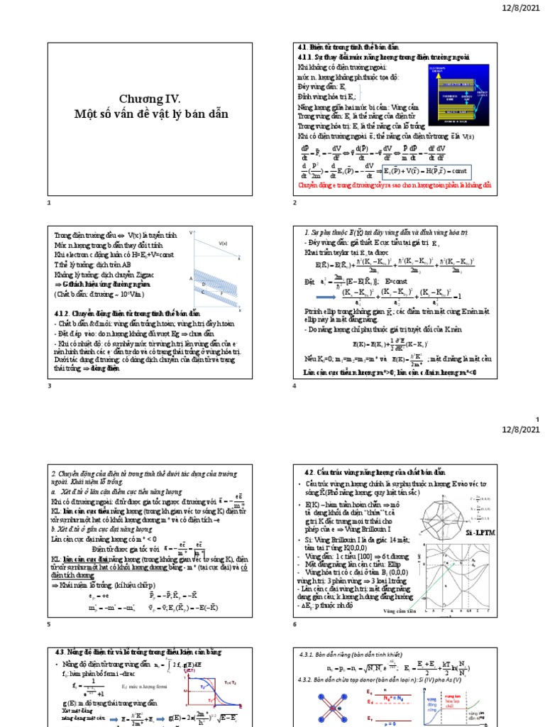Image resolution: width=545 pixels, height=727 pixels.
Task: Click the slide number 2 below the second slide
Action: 294,203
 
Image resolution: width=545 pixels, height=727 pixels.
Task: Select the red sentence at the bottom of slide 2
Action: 394,185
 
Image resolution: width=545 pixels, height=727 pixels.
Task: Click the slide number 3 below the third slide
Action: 49,385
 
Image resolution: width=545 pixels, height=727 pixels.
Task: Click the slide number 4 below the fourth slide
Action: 294,385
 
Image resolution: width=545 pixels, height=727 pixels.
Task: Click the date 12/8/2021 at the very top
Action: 521,8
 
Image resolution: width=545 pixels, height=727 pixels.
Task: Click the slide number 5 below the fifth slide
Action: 49,624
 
